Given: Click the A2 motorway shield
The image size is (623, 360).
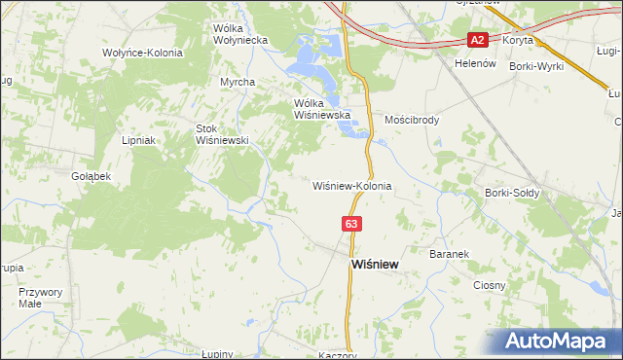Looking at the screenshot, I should (x=477, y=40).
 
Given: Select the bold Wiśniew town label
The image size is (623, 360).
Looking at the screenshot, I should (x=373, y=264).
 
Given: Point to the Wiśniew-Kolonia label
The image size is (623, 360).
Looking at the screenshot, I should (x=351, y=185).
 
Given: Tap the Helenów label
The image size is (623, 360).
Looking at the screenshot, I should (x=475, y=62).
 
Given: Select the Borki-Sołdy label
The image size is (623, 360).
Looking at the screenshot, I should (x=512, y=193).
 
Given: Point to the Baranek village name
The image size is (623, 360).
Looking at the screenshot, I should (x=450, y=253).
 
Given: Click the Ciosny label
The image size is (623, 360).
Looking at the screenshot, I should (x=489, y=285).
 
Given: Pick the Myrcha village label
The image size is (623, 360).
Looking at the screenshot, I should (x=237, y=82).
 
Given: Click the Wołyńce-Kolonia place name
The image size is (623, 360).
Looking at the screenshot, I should (x=142, y=52).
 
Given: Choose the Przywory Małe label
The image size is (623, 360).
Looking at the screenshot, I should (x=40, y=297).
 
